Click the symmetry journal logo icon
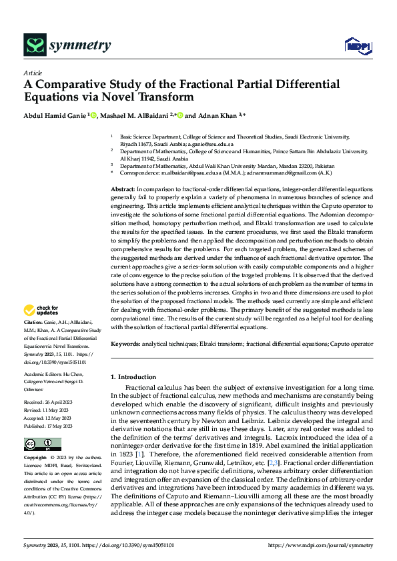click(34, 45)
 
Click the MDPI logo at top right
click(354, 45)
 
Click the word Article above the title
click(33, 73)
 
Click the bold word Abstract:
click(123, 190)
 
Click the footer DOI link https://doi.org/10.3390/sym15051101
click(126, 544)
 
